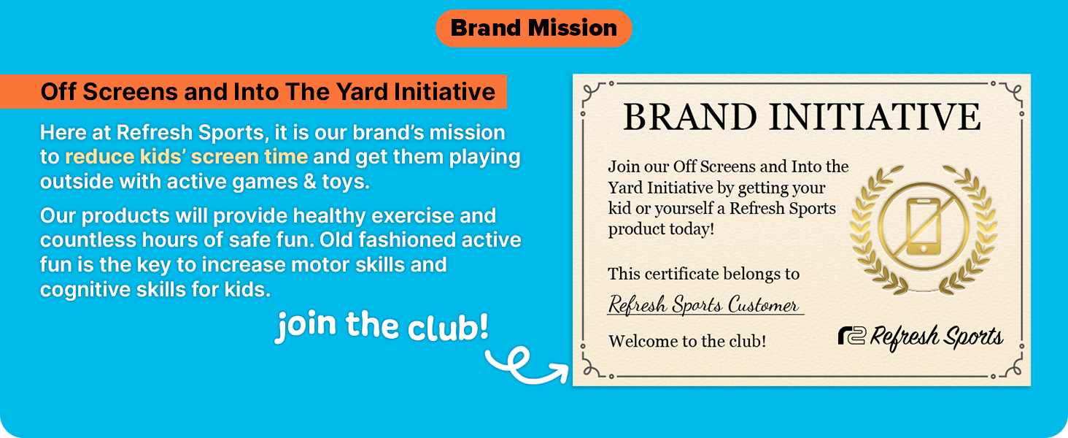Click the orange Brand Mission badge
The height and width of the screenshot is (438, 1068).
[534, 28]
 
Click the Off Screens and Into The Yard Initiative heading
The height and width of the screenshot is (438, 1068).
[268, 92]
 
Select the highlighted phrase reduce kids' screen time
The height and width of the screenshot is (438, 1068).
[186, 157]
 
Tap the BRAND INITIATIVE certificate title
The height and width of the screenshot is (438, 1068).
[801, 118]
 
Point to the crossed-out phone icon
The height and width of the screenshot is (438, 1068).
[924, 226]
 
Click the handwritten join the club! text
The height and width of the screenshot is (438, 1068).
[382, 326]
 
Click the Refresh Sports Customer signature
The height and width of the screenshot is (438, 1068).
[703, 304]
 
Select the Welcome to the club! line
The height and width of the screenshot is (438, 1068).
[686, 341]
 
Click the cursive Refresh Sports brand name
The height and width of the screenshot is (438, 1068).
[937, 338]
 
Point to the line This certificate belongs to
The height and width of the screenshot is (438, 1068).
[703, 274]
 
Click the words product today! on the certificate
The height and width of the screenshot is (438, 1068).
[661, 229]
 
